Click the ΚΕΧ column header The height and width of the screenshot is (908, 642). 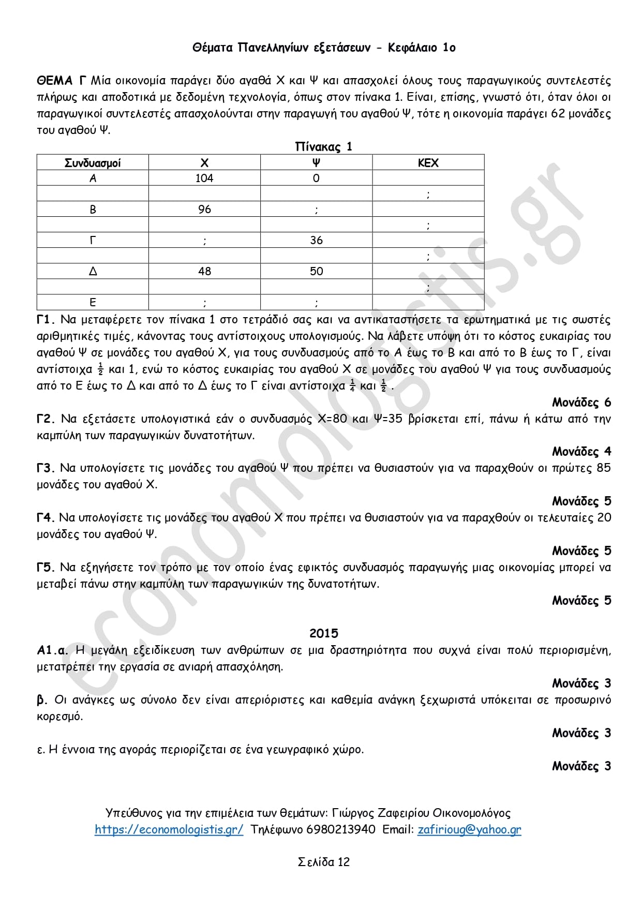point(428,163)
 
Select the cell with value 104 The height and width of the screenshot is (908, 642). point(204,178)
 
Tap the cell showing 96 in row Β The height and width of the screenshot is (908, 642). point(204,209)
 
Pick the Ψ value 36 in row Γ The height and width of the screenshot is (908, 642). point(316,240)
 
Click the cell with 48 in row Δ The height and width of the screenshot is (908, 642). point(204,271)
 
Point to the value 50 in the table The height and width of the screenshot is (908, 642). point(316,271)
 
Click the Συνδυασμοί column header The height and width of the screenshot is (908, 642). point(93,163)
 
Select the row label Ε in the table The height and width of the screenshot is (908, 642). point(93,302)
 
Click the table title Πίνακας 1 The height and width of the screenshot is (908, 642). point(323,147)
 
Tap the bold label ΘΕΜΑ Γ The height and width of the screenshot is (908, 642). point(61,81)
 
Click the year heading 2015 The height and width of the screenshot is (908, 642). point(323,633)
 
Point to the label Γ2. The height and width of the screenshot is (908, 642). point(46,419)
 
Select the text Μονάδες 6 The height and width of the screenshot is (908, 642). point(581,402)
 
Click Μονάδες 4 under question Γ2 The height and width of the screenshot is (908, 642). point(581,452)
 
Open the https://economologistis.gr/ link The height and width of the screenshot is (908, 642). point(169,829)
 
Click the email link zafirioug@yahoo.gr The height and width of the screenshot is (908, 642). point(469,829)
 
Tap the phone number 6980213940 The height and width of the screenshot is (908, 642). point(341,829)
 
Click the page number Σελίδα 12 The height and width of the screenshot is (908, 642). point(323,861)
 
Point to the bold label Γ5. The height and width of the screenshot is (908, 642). point(46,568)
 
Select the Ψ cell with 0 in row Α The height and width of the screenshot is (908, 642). point(316,178)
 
